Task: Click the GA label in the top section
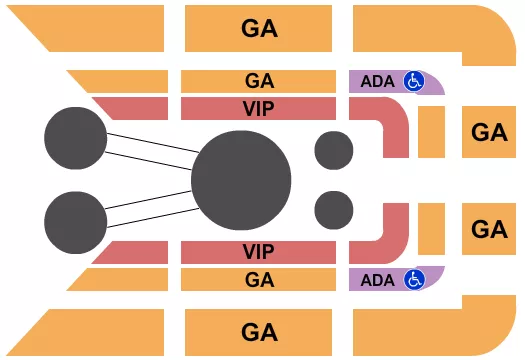[259, 29]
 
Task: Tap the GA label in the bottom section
[259, 331]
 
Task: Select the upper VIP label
[259, 108]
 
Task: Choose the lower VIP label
[259, 250]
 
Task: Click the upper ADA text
[377, 81]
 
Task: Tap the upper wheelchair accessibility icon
[413, 81]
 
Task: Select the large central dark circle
[241, 180]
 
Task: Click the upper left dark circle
[76, 136]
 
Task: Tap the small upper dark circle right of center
[334, 150]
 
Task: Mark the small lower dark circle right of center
[334, 211]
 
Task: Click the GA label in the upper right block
[490, 131]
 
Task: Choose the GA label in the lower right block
[490, 229]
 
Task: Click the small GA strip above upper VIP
[259, 81]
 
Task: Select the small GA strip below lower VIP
[259, 279]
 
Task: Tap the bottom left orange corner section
[100, 332]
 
